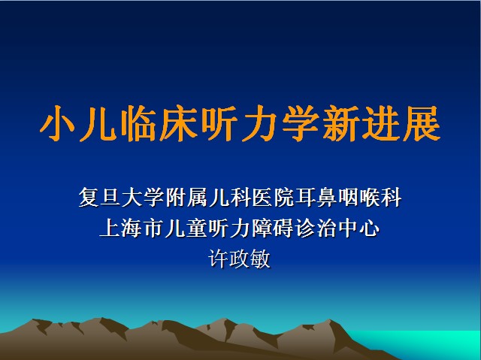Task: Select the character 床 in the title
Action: tap(179, 123)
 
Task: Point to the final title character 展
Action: tap(422, 123)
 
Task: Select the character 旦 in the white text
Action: tap(110, 197)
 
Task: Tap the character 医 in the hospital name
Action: tap(262, 197)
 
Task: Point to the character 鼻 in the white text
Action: tap(327, 197)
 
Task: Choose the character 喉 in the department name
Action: tap(370, 197)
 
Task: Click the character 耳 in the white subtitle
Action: tap(305, 197)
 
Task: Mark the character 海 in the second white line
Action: tap(132, 228)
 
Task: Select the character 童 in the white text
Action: tap(197, 228)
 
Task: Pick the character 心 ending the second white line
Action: tap(370, 228)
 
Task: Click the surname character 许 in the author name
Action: tap(219, 259)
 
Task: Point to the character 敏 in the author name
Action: tap(261, 259)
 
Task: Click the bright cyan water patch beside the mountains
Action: tap(429, 343)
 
